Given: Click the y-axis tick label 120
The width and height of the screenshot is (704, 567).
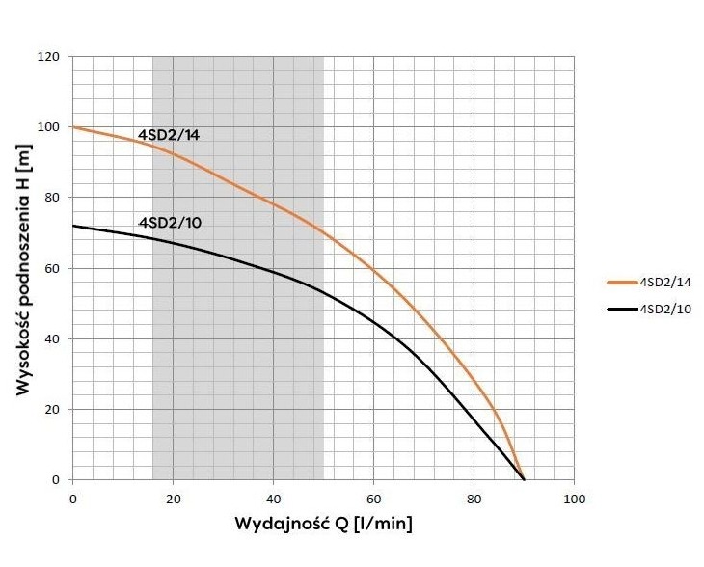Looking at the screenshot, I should (x=50, y=57).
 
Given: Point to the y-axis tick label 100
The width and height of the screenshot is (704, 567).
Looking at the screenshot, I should (x=50, y=127).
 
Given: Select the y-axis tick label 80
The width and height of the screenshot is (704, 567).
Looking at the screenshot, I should (x=53, y=198).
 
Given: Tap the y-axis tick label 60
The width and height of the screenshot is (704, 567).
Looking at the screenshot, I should (x=53, y=268).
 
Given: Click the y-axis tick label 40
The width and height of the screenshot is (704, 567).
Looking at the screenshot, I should (x=53, y=338).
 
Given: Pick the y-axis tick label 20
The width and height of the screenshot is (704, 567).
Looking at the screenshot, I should (x=53, y=409).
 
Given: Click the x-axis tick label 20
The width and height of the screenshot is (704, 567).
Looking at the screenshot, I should (x=174, y=498).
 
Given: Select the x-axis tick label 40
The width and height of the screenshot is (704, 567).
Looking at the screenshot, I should (x=274, y=498).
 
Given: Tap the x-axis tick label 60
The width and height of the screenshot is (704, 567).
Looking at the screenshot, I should (x=374, y=498).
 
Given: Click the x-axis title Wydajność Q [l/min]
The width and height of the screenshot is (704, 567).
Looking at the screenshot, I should (x=324, y=526).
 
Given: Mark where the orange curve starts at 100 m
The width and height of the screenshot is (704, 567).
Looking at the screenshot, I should (x=73, y=127).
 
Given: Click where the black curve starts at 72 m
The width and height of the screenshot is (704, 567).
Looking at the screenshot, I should (x=73, y=226).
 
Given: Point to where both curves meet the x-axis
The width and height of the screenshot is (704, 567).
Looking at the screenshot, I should (x=524, y=479).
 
